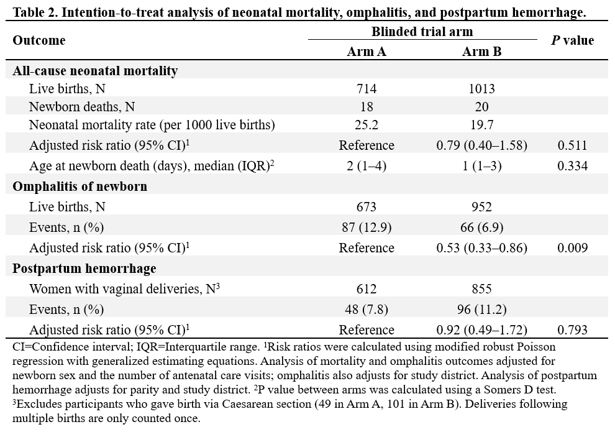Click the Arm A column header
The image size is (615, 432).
367,52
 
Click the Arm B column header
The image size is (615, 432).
481,52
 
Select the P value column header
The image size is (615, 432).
572,40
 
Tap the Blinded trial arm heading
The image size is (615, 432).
422,31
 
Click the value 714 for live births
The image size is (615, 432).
367,89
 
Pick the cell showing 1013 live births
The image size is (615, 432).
481,89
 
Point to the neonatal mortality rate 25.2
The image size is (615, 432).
367,125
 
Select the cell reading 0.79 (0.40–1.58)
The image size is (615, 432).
481,145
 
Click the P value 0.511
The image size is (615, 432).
572,145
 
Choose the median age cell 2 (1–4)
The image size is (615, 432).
367,166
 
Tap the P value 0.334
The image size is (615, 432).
572,166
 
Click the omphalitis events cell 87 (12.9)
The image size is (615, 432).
367,227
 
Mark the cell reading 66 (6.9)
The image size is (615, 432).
481,227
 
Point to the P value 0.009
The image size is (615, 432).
572,248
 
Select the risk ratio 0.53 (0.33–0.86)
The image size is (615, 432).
481,248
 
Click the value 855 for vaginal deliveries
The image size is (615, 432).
481,289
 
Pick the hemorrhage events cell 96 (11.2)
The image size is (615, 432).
481,310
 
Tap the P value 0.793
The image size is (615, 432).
572,330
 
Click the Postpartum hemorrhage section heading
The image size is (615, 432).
84,269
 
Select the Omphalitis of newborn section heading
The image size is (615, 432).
80,186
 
